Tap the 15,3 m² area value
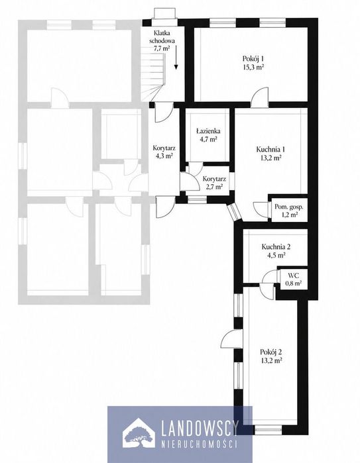click(x=253, y=67)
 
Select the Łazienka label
click(x=208, y=131)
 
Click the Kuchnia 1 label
click(x=270, y=150)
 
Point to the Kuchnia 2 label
click(x=274, y=246)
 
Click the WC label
click(x=293, y=276)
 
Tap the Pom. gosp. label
click(x=289, y=207)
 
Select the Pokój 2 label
click(x=270, y=352)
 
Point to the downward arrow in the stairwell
click(x=176, y=57)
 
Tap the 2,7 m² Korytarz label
click(x=214, y=182)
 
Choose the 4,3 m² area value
click(x=164, y=156)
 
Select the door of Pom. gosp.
click(x=261, y=210)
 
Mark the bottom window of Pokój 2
click(x=269, y=430)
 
